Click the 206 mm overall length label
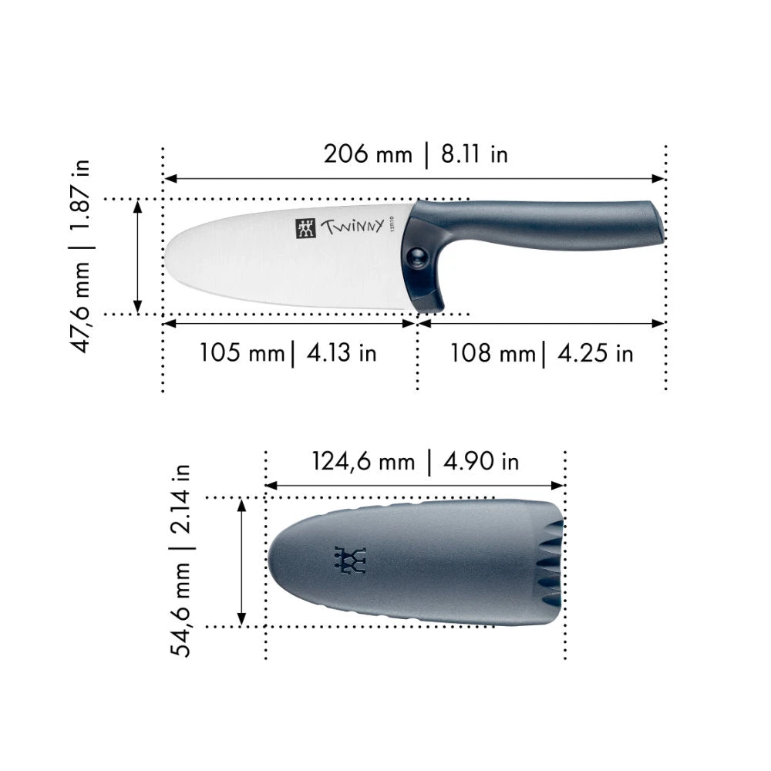pyautogui.click(x=368, y=154)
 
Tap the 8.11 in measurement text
pyautogui.click(x=474, y=154)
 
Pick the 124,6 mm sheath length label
pyautogui.click(x=363, y=462)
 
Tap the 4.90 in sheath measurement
pyautogui.click(x=481, y=462)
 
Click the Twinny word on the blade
pyautogui.click(x=352, y=227)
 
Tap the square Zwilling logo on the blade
pyautogui.click(x=306, y=228)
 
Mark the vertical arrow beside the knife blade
pyautogui.click(x=137, y=256)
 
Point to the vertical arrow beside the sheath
pyautogui.click(x=241, y=561)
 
